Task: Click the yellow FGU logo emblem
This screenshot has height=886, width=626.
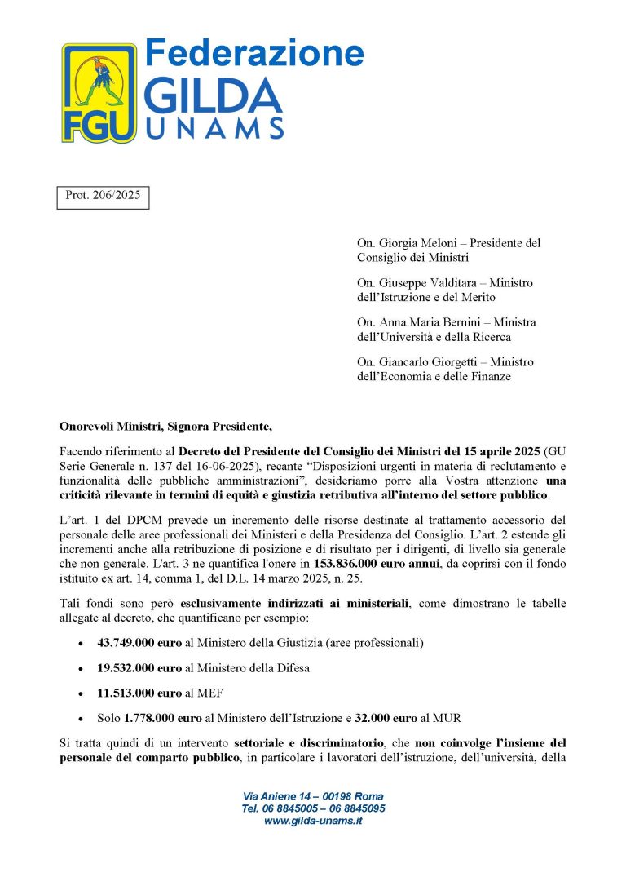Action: coord(99,92)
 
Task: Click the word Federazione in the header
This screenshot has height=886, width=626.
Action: coord(253,53)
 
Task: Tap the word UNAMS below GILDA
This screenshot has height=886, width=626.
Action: coord(214,128)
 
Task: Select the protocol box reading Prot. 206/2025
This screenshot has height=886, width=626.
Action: coord(103,197)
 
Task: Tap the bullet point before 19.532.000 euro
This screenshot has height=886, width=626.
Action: coord(79,668)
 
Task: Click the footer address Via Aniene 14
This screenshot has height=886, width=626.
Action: coord(277,796)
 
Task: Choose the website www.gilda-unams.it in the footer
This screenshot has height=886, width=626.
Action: coord(313,821)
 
